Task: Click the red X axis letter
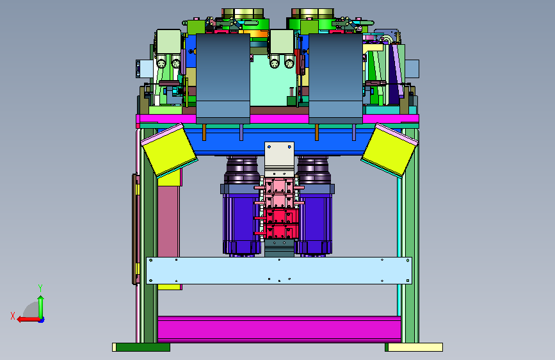(13, 316)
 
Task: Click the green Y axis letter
(40, 288)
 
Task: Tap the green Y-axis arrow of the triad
(41, 307)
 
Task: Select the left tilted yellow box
(169, 150)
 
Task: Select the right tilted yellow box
(390, 150)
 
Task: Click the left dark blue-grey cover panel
(223, 79)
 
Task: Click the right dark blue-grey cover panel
(335, 79)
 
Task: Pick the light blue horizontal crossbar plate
(279, 270)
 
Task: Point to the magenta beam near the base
(279, 329)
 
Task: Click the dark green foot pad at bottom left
(143, 347)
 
